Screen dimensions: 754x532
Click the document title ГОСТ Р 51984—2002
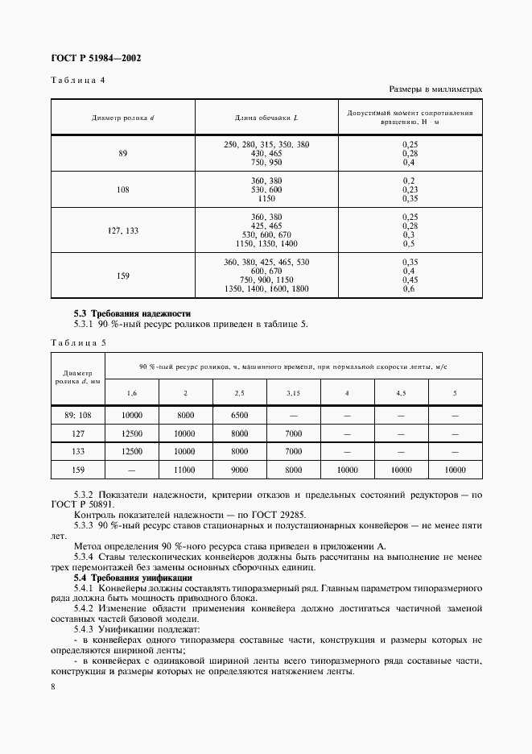tap(97, 58)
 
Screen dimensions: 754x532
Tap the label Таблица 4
tap(78, 80)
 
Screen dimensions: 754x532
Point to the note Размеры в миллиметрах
tap(435, 89)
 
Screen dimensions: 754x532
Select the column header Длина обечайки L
tap(266, 118)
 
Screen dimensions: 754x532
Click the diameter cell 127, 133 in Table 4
tap(123, 230)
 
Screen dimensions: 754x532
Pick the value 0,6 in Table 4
tap(408, 289)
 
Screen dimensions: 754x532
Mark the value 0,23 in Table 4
tap(408, 189)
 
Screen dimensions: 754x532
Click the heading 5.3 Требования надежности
tap(133, 313)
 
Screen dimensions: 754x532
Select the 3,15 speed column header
tap(293, 392)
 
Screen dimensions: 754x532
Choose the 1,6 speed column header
tap(132, 392)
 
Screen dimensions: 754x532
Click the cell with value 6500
tap(239, 415)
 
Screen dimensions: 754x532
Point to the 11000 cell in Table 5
tap(185, 469)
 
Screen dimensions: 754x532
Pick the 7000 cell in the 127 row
tap(293, 433)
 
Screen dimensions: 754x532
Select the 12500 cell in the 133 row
tap(132, 451)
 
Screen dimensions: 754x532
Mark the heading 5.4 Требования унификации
tap(133, 578)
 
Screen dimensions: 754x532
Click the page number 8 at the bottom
tap(53, 686)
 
